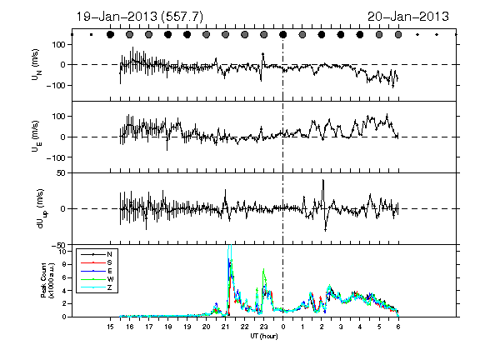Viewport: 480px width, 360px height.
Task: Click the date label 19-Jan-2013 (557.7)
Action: click(x=139, y=17)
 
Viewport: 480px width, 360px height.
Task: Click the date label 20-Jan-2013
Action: click(x=408, y=17)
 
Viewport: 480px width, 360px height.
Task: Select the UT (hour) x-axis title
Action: click(x=264, y=336)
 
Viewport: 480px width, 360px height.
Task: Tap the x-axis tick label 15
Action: click(x=110, y=327)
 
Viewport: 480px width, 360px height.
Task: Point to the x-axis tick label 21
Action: click(x=225, y=327)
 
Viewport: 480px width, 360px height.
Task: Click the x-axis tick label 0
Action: click(x=283, y=327)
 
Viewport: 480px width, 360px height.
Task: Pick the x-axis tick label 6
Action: click(x=398, y=327)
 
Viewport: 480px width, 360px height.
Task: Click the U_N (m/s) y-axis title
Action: click(x=37, y=65)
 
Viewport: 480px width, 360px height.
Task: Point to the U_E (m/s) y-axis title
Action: click(x=37, y=137)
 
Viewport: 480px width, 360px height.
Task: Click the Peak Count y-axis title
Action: click(x=47, y=280)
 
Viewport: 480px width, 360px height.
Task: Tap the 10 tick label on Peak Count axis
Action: click(x=62, y=252)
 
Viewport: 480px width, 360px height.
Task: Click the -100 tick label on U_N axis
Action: click(x=56, y=85)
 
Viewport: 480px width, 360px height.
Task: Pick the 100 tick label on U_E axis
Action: click(x=59, y=117)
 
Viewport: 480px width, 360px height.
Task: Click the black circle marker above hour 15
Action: click(x=110, y=35)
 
